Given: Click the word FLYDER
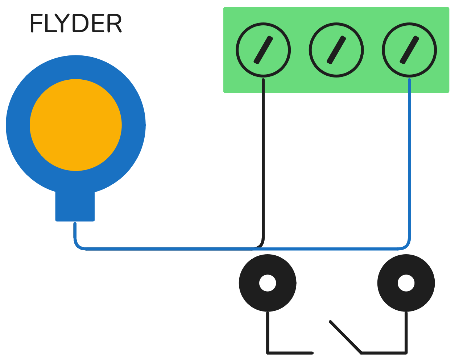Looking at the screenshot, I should (x=76, y=24).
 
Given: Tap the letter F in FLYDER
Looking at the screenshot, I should (x=36, y=24).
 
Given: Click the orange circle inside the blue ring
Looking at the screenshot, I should (x=76, y=125).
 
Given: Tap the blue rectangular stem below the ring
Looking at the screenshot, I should (x=75, y=206).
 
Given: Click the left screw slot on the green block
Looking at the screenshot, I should (x=263, y=50).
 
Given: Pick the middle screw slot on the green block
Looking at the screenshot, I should (x=336, y=50).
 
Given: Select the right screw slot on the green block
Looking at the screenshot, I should (x=409, y=50).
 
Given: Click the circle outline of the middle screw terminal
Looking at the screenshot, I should (x=311, y=50).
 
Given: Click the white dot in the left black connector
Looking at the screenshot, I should (x=268, y=283).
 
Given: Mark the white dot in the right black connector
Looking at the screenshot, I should (x=406, y=283).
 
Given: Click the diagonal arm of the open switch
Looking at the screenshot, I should (x=346, y=337).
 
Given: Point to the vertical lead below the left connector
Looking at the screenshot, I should (x=268, y=331).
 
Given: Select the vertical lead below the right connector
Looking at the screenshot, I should (x=406, y=331).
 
